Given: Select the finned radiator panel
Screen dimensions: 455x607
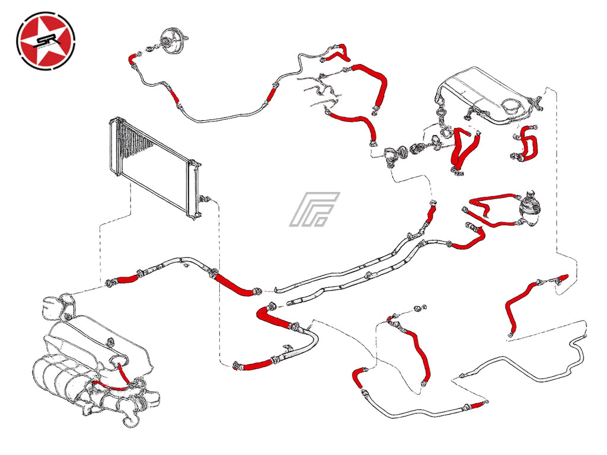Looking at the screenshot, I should point(154,166).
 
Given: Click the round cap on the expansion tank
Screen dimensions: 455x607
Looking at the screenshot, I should point(512,105).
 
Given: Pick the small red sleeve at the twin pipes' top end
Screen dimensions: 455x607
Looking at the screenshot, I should point(433,210).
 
